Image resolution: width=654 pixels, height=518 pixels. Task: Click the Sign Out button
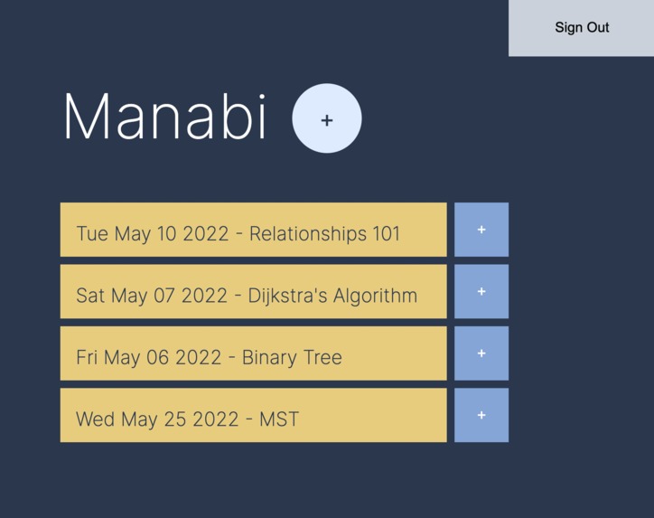(581, 27)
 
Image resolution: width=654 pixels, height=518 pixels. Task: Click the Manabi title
(165, 118)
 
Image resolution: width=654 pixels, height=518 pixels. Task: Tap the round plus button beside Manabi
(327, 118)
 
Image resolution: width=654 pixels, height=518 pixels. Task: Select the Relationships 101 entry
(253, 230)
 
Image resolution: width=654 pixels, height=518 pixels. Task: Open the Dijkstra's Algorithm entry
(253, 291)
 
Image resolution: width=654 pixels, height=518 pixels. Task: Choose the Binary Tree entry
(253, 353)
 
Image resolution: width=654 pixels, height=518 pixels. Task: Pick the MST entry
(253, 415)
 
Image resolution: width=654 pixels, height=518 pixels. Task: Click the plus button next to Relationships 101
(481, 230)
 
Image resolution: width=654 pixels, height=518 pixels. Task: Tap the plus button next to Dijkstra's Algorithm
(481, 291)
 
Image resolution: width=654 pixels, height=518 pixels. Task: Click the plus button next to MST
(481, 415)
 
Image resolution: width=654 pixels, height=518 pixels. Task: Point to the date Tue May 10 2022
(152, 233)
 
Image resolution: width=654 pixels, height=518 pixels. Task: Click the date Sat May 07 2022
(152, 296)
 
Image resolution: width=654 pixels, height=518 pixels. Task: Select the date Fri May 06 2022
(148, 357)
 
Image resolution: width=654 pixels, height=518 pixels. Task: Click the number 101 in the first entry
(386, 233)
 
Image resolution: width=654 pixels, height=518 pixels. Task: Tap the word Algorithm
(375, 296)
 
